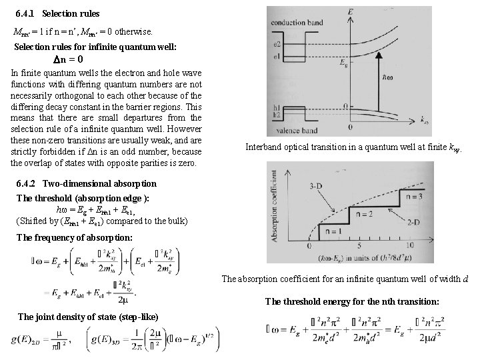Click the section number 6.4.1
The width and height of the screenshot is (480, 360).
click(25, 13)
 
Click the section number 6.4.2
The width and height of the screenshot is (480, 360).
click(25, 183)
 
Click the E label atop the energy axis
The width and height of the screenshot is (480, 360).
click(351, 11)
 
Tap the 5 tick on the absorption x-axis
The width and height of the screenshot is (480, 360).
click(349, 246)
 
